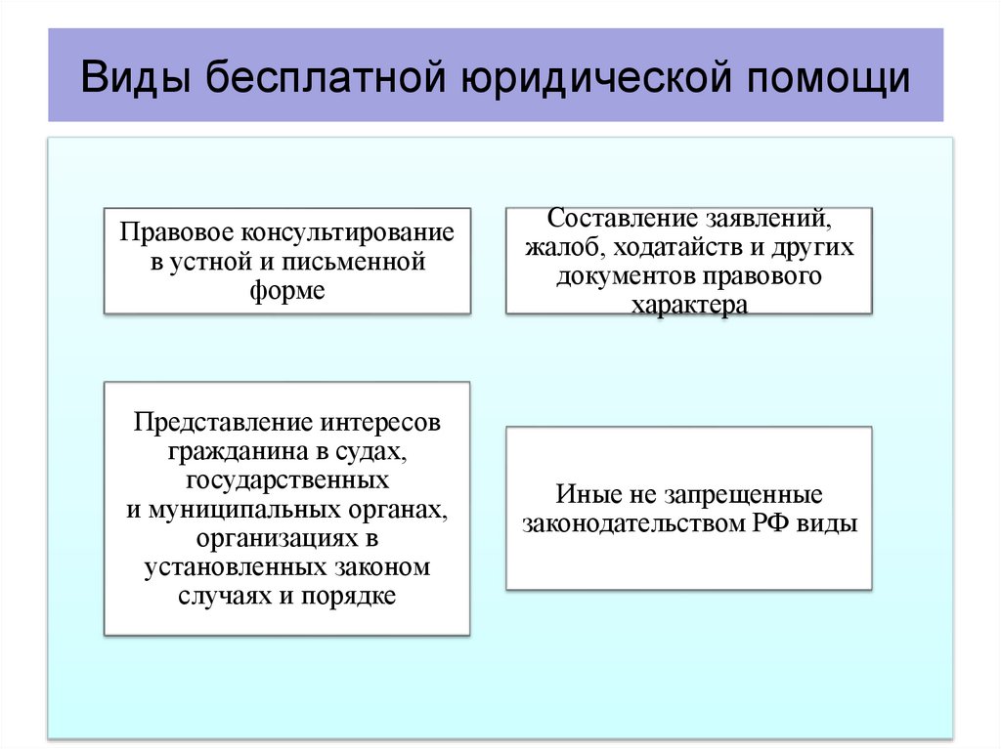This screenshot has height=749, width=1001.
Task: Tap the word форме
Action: (x=287, y=291)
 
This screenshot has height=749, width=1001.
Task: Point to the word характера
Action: (x=689, y=305)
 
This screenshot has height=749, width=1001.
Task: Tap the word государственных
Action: (x=286, y=481)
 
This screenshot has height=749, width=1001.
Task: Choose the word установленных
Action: (x=231, y=567)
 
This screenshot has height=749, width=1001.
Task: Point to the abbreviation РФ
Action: (x=770, y=523)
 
